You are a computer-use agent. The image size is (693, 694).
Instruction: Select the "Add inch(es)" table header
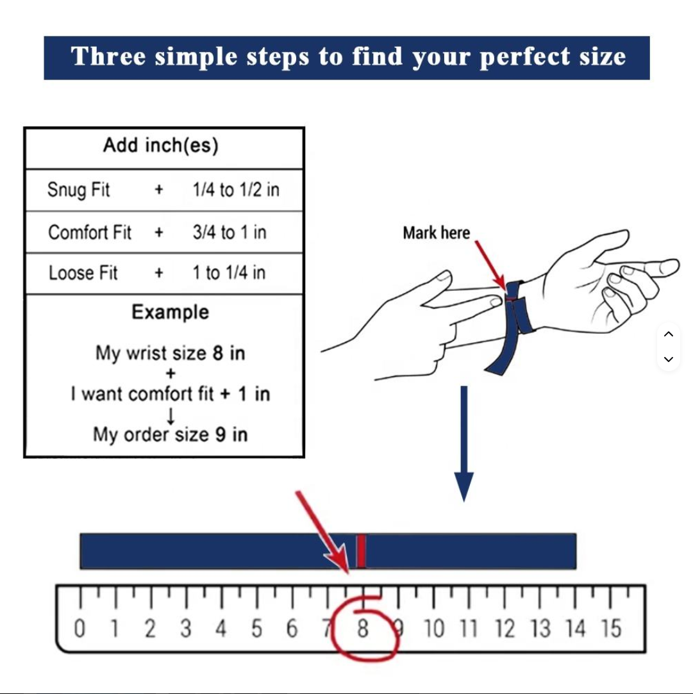pyautogui.click(x=161, y=145)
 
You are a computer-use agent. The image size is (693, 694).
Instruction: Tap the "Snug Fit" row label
pyautogui.click(x=78, y=190)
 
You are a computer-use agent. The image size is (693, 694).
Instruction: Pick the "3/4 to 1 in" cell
pyautogui.click(x=230, y=232)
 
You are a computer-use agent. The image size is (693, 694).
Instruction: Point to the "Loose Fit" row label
pyautogui.click(x=83, y=272)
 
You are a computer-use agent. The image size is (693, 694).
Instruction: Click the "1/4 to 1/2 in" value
pyautogui.click(x=236, y=190)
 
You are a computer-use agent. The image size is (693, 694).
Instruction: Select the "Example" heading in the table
pyautogui.click(x=171, y=313)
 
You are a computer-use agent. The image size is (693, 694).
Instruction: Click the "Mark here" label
pyautogui.click(x=436, y=233)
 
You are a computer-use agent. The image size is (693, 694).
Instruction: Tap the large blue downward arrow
pyautogui.click(x=464, y=443)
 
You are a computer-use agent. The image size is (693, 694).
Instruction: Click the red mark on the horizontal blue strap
pyautogui.click(x=362, y=551)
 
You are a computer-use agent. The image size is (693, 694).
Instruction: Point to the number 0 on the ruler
pyautogui.click(x=79, y=628)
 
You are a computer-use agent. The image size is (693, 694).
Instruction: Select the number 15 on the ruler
pyautogui.click(x=611, y=628)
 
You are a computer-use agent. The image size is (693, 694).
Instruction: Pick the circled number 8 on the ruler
pyautogui.click(x=363, y=628)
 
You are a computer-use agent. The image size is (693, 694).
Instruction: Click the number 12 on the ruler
pyautogui.click(x=505, y=628)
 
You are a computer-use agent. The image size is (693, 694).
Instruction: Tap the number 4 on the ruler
pyautogui.click(x=221, y=628)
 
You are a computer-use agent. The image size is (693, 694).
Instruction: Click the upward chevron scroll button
pyautogui.click(x=669, y=334)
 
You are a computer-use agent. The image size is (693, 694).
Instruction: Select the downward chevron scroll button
pyautogui.click(x=669, y=359)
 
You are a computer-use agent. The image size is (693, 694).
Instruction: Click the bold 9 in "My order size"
pyautogui.click(x=221, y=434)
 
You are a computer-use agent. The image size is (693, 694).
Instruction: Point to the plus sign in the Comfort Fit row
pyautogui.click(x=159, y=232)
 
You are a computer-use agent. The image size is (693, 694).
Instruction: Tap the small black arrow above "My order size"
pyautogui.click(x=171, y=416)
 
